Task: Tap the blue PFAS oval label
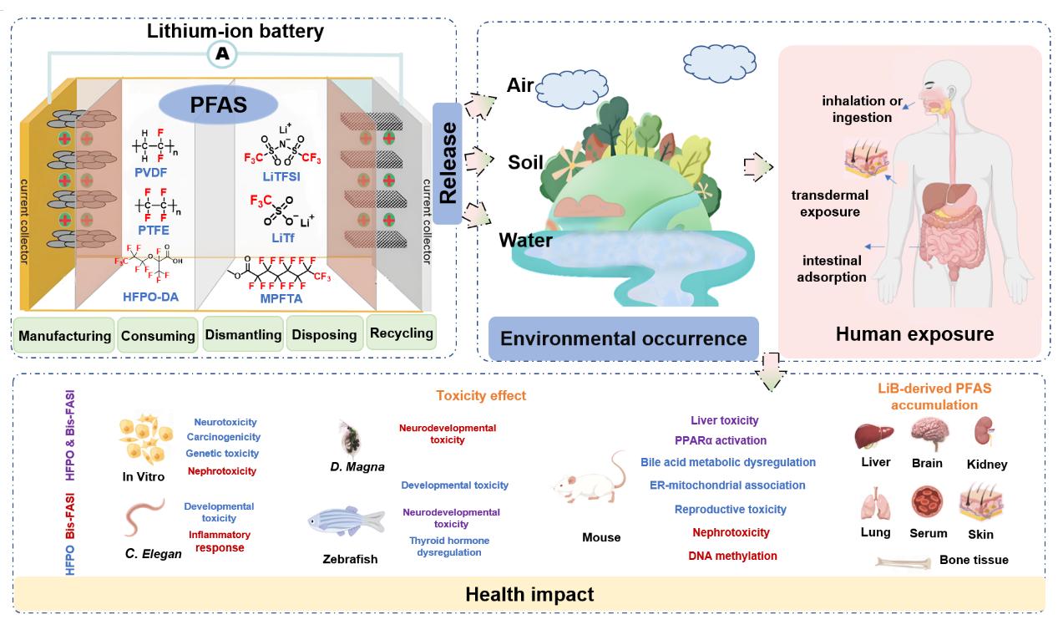[x=217, y=105]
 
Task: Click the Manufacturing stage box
[x=64, y=336]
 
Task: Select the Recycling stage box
[x=401, y=333]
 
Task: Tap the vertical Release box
[x=448, y=163]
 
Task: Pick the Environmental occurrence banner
[x=623, y=338]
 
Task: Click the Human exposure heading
[x=914, y=334]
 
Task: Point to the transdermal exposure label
[x=829, y=203]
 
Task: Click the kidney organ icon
[x=986, y=433]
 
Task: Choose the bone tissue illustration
[x=903, y=562]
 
